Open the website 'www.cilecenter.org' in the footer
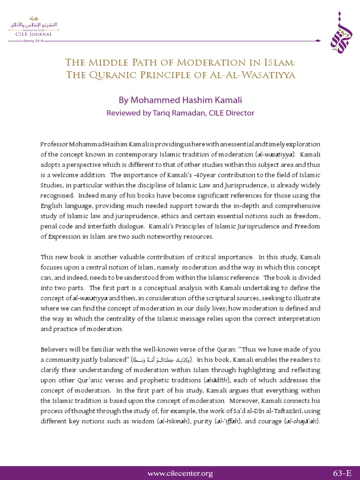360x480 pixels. point(180,473)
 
